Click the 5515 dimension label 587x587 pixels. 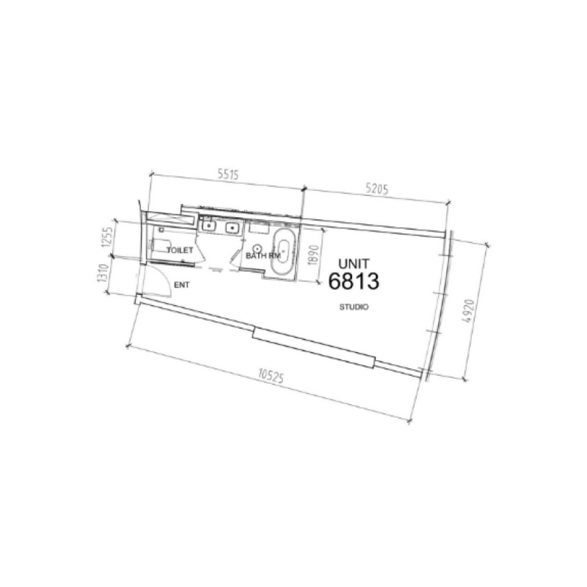(x=227, y=174)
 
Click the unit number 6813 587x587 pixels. (x=354, y=281)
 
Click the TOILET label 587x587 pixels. (x=179, y=250)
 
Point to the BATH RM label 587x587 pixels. (x=263, y=256)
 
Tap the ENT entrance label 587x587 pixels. (x=182, y=285)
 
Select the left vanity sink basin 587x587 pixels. (x=208, y=226)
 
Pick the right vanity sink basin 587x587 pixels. (x=232, y=228)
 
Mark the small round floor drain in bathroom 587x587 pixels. (x=258, y=248)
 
